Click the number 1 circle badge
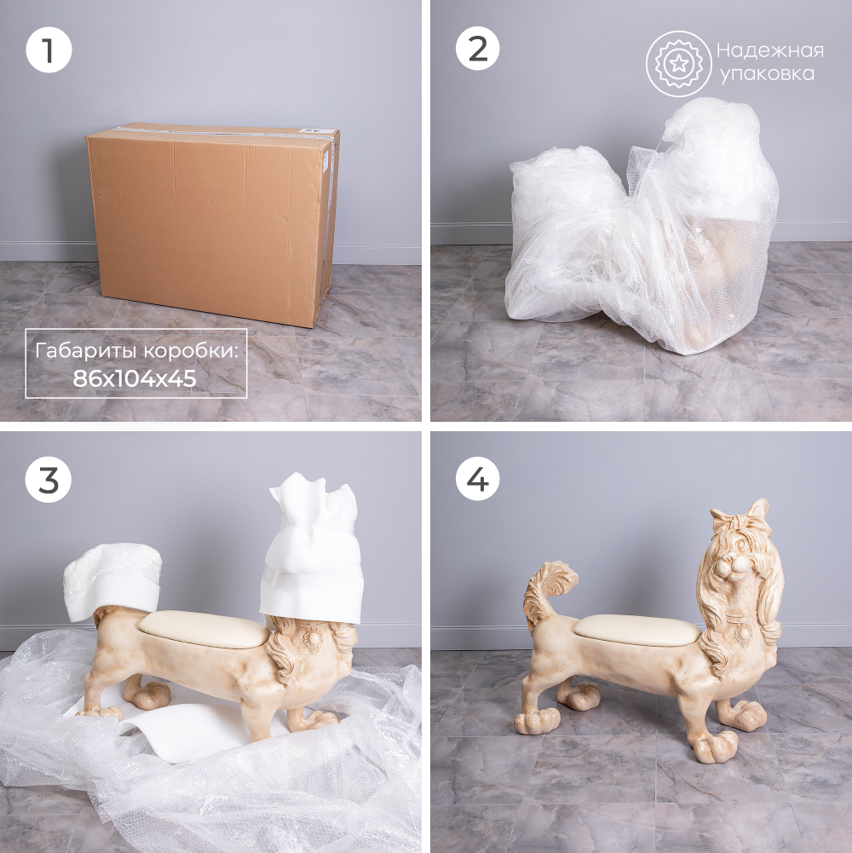click(x=49, y=50)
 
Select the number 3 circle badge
click(x=49, y=479)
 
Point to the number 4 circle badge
click(x=477, y=479)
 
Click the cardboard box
click(x=212, y=224)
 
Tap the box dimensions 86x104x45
click(x=135, y=378)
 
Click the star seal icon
click(x=678, y=64)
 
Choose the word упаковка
click(x=767, y=74)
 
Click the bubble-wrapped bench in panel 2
click(x=642, y=228)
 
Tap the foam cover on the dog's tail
click(x=112, y=579)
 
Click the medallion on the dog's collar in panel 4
click(x=742, y=635)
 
